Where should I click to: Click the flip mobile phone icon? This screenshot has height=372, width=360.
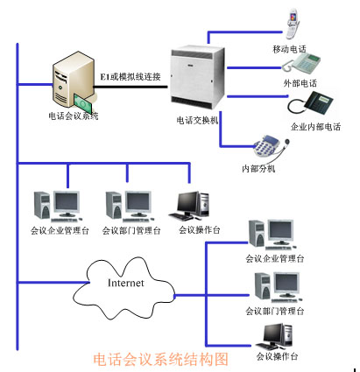[x=293, y=24]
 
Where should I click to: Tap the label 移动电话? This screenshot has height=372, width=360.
[x=289, y=49]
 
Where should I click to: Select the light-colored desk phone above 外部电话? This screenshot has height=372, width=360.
[x=302, y=63]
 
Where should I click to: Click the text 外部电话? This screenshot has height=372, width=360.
[x=300, y=83]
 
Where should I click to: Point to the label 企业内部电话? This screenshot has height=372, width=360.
[x=315, y=127]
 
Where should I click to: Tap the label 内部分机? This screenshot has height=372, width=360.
[x=258, y=168]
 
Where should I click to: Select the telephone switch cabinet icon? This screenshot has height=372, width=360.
[x=197, y=78]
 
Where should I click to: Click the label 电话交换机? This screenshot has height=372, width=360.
[x=198, y=120]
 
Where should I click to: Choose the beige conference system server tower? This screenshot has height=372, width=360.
[x=74, y=81]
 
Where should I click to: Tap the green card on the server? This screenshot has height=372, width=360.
[x=83, y=104]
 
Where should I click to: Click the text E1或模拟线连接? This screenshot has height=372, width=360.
[x=131, y=76]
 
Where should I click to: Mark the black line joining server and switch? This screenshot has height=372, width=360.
[x=131, y=87]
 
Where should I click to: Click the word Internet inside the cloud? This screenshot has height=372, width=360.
[x=126, y=283]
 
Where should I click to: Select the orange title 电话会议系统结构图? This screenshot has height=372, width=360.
[x=160, y=359]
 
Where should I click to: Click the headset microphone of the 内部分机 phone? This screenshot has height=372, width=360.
[x=287, y=142]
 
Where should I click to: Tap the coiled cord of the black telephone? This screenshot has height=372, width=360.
[x=296, y=107]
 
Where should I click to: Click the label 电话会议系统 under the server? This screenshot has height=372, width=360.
[x=74, y=116]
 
